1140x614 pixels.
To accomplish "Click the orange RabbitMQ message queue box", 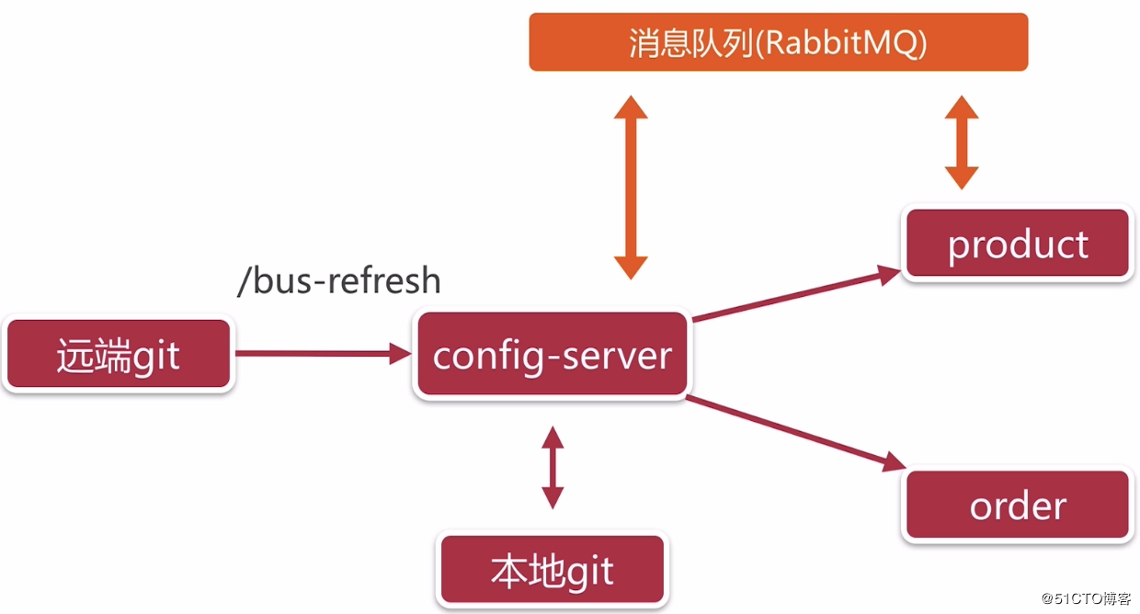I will [x=778, y=42].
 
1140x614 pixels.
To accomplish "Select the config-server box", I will [x=552, y=356].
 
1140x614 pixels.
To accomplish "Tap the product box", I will [x=1018, y=244].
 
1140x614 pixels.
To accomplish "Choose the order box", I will [x=1018, y=506].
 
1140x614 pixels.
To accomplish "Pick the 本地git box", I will [x=552, y=572].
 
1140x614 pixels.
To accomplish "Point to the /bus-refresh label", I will [x=339, y=280].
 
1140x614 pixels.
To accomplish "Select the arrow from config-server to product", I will [x=795, y=294].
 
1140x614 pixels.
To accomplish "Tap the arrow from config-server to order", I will [x=791, y=432].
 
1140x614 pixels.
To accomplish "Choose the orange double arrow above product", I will [x=962, y=142].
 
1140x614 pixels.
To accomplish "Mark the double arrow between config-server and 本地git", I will [x=552, y=467].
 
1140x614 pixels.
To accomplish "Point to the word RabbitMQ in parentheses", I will [x=840, y=43].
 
